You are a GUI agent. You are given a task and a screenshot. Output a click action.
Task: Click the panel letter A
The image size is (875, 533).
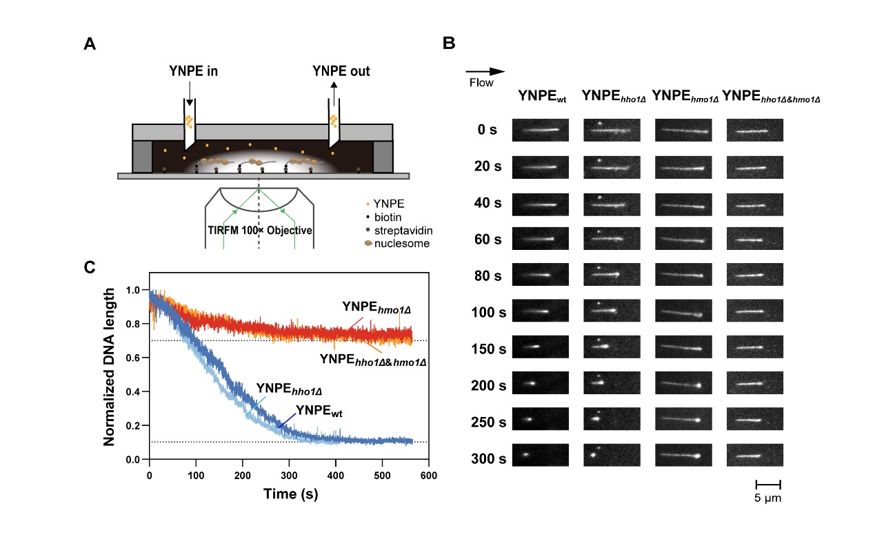[90, 44]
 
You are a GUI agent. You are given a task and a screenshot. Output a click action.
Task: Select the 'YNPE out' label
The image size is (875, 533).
[341, 71]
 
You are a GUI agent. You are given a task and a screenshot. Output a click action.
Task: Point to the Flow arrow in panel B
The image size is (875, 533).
[485, 71]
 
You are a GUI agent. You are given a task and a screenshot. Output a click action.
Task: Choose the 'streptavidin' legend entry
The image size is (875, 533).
[404, 231]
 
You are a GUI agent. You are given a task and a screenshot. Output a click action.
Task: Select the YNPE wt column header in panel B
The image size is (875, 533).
[542, 97]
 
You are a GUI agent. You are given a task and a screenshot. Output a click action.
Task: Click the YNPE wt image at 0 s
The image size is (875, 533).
[540, 130]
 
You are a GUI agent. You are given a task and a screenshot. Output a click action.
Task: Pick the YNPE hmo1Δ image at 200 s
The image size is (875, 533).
[683, 384]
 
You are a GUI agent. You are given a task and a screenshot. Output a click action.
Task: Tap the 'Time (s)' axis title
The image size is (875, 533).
[289, 494]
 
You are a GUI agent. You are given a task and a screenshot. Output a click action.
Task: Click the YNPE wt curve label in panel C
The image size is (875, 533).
[319, 412]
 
